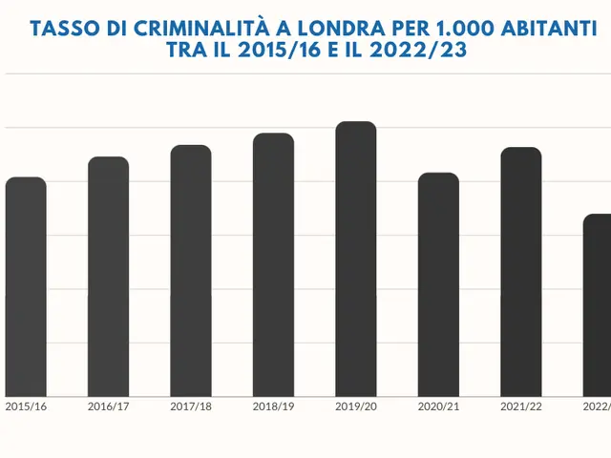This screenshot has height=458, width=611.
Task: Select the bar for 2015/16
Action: pyautogui.click(x=26, y=286)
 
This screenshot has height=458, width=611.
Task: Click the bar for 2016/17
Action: pyautogui.click(x=108, y=277)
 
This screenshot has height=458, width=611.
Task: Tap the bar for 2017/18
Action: pyautogui.click(x=191, y=271)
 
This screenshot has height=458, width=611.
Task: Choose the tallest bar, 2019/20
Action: pyautogui.click(x=356, y=259)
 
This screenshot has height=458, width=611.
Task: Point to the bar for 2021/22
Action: pyautogui.click(x=521, y=272)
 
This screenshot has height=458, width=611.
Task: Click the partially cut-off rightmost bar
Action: pyautogui.click(x=598, y=305)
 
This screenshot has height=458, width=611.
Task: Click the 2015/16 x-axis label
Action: pyautogui.click(x=26, y=406)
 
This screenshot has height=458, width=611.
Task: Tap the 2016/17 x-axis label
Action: pyautogui.click(x=108, y=406)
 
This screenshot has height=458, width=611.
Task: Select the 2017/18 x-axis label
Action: pyautogui.click(x=191, y=406)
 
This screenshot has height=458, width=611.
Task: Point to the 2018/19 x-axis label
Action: pyautogui.click(x=273, y=406)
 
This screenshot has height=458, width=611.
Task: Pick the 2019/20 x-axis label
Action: pyautogui.click(x=356, y=406)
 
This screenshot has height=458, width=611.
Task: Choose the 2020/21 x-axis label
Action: pyautogui.click(x=438, y=406)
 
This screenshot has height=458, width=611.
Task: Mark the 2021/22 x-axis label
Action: pyautogui.click(x=521, y=406)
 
